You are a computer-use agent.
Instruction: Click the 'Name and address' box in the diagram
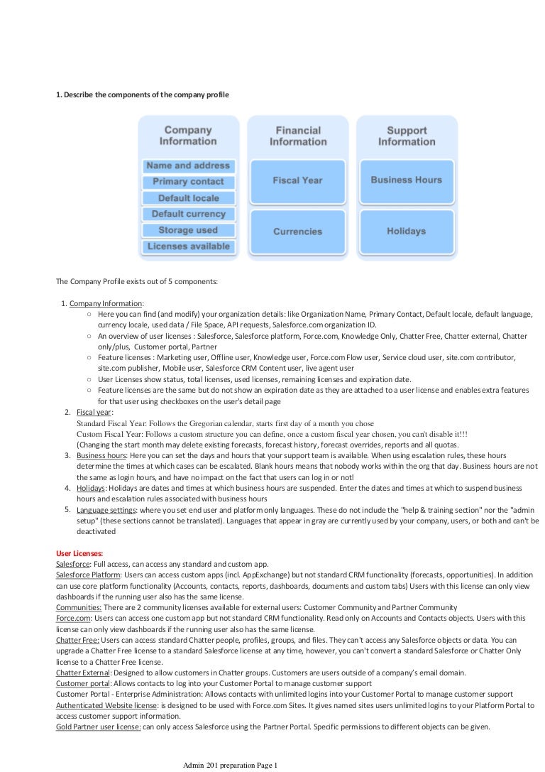tap(188, 165)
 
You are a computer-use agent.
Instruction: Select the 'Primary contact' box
tap(188, 182)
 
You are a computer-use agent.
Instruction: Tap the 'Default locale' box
tap(188, 198)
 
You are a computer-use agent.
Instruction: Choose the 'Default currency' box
tap(188, 214)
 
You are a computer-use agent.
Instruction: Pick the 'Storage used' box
tap(188, 230)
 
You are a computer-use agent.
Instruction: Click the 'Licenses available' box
tap(188, 246)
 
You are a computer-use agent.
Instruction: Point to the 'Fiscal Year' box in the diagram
tap(297, 181)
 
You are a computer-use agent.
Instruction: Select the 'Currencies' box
tap(297, 232)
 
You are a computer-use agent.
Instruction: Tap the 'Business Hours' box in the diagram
tap(406, 180)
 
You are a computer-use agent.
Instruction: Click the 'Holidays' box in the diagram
tap(406, 232)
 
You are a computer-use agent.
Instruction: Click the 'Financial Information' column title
tap(297, 136)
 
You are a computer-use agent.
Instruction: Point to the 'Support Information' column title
tap(407, 136)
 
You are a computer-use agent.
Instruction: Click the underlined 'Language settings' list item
tap(106, 511)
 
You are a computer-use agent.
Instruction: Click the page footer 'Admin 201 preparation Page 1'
tap(230, 765)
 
